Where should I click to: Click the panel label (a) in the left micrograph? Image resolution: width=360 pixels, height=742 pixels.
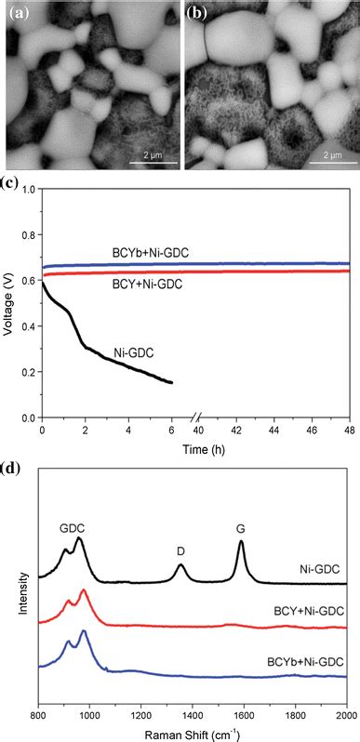[18, 14]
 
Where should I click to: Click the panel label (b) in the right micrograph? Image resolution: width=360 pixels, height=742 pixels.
[197, 14]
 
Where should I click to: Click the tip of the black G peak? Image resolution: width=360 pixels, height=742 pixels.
[241, 541]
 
